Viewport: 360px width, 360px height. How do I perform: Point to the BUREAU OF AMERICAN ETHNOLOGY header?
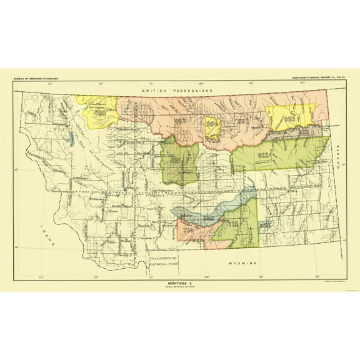click(36, 78)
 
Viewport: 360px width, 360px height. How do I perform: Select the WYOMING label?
click(243, 264)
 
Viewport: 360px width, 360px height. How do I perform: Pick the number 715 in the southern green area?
click(233, 223)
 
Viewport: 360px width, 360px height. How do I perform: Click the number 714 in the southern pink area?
click(188, 230)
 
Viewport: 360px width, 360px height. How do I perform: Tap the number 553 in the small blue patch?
click(264, 224)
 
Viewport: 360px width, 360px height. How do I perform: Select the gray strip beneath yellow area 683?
click(294, 132)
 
